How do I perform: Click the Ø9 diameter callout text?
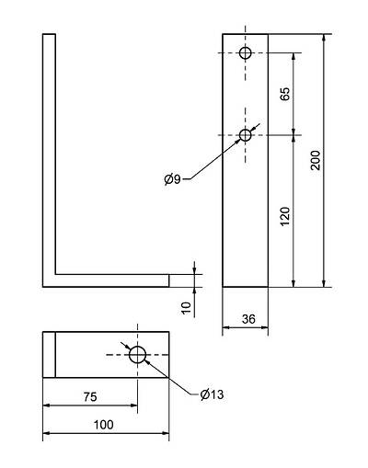tap(173, 179)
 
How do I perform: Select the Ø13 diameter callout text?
tap(212, 394)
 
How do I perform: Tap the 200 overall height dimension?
tap(316, 160)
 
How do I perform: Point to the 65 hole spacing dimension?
tap(285, 94)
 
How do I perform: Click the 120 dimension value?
tap(285, 216)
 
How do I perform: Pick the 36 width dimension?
tap(248, 319)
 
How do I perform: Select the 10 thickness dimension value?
tap(186, 308)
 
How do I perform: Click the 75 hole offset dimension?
tap(90, 397)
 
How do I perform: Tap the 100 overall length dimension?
tap(103, 425)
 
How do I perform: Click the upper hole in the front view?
tap(246, 53)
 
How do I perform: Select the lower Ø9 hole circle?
tap(246, 135)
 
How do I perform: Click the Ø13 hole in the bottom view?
tap(137, 355)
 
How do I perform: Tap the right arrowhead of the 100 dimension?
tap(166, 433)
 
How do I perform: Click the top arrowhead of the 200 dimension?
tap(324, 38)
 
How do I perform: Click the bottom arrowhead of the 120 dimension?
tap(293, 283)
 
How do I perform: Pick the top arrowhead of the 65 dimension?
tap(293, 57)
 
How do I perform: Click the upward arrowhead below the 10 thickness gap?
tap(194, 291)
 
